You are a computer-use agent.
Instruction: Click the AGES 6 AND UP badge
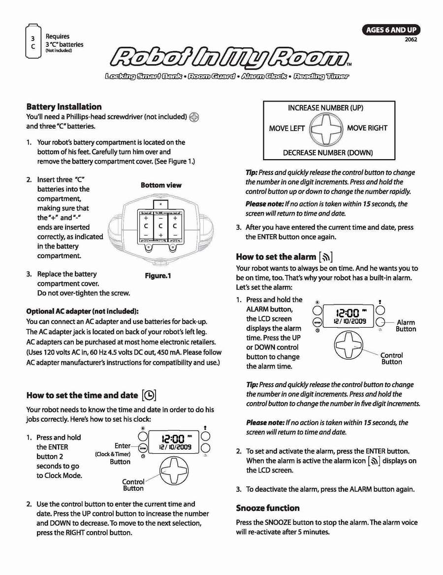click(391, 31)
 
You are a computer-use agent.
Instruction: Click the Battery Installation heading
click(64, 106)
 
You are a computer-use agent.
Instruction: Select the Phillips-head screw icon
click(195, 117)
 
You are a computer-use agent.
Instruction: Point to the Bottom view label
click(161, 185)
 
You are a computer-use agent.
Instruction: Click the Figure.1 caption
click(158, 275)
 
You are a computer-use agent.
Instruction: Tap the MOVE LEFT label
click(286, 128)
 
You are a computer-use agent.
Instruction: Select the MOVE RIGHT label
click(367, 128)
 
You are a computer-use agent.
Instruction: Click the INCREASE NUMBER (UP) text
click(325, 108)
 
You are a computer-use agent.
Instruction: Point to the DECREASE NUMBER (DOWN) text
click(327, 153)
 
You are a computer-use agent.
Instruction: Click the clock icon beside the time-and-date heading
click(149, 395)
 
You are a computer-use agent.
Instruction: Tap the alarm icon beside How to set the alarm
click(326, 257)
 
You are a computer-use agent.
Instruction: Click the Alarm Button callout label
click(406, 326)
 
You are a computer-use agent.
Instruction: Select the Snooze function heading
click(268, 508)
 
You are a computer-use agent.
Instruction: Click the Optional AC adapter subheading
click(82, 311)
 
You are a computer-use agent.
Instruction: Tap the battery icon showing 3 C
click(32, 42)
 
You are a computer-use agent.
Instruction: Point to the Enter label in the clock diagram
click(123, 445)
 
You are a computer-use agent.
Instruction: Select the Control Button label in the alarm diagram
click(391, 358)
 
